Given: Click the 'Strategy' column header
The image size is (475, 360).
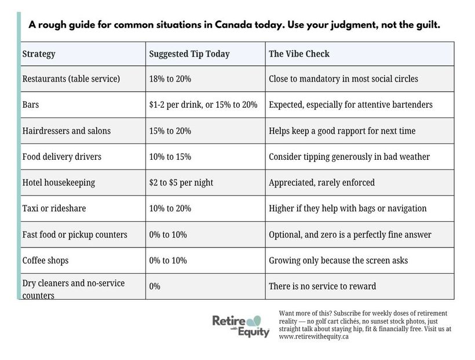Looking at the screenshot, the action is coord(39,54).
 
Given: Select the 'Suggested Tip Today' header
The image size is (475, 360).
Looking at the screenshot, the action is coord(189,54).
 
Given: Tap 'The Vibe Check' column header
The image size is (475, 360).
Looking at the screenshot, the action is coord(299,54).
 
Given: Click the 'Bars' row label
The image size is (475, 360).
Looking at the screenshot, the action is coord(31,105).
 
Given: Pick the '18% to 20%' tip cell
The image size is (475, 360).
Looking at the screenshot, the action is coord(170,79).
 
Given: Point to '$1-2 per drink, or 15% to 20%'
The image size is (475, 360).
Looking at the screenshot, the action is coord(203,105).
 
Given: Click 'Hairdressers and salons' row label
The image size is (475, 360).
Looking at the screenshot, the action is coord(67,131).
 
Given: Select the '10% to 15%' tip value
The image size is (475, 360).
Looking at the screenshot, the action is coord(170,157).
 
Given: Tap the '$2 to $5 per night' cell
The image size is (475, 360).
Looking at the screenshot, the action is coord(181,182).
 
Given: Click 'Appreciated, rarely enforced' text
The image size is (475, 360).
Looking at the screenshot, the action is coord(321,182).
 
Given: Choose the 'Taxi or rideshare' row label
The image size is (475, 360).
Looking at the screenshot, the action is coord(54,208).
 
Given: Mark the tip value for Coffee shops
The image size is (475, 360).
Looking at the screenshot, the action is coord(168,260).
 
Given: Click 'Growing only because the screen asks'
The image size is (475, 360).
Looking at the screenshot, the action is coord(338,260).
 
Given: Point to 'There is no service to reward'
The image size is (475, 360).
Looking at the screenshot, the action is coord(322,286).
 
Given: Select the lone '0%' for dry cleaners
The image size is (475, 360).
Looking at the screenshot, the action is coord(155,286).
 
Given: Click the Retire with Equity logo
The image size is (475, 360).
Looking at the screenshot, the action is coord(241,326).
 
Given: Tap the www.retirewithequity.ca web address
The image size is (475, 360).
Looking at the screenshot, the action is coord(313,336).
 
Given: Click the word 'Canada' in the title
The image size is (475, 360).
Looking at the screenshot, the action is coord(233,24).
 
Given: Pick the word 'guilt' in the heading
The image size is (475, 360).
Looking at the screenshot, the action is coord(429,24).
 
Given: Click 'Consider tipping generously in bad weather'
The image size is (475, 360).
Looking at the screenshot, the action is coord(349,157).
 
